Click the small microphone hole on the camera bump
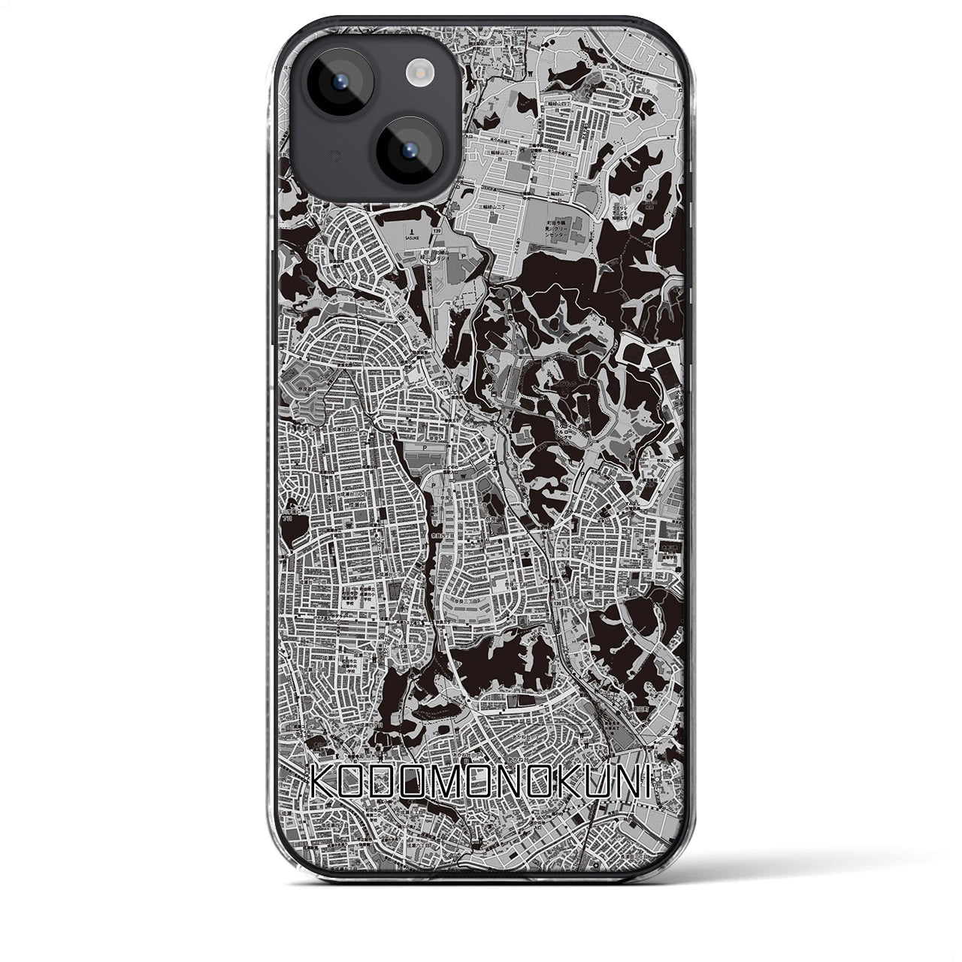point(312,156)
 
